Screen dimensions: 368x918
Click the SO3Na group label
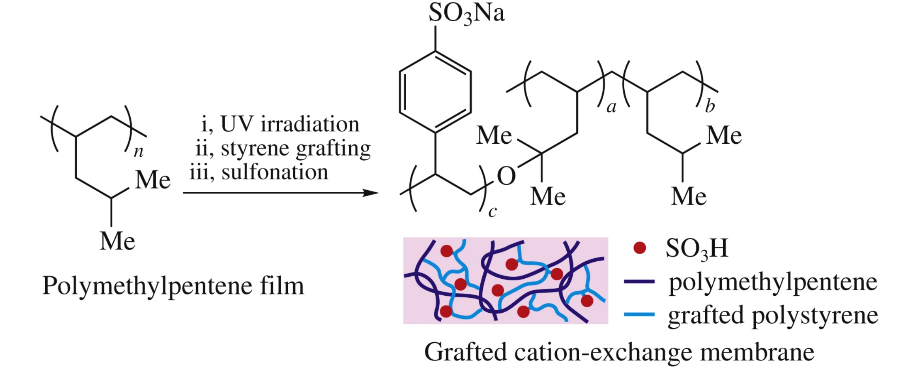466,13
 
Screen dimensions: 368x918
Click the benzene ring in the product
435,92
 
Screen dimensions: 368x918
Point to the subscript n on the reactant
139,152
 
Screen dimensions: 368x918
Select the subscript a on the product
611,108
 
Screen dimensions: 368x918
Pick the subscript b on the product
710,107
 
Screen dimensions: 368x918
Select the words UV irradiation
290,124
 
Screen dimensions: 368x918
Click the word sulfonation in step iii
275,172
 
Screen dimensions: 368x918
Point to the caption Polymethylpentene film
173,286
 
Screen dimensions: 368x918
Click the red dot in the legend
640,248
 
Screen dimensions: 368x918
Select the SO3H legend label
697,248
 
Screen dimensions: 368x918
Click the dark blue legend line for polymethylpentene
639,282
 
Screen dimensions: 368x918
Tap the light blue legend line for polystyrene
639,315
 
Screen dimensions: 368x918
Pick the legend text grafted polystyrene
773,316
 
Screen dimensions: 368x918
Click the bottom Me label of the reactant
117,241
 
